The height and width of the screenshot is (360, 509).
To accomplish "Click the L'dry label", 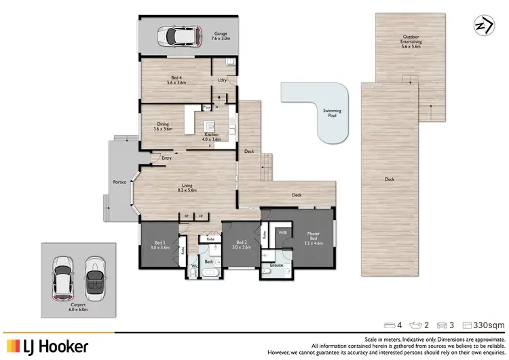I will point(221,81).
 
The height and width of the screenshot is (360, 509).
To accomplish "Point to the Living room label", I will point(187,188).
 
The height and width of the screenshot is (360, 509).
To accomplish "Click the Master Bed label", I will point(314,238).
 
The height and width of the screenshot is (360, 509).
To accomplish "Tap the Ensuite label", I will point(276,266).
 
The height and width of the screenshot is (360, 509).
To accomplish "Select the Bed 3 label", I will point(160,245).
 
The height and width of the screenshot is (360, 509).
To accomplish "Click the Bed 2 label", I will point(241,245).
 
